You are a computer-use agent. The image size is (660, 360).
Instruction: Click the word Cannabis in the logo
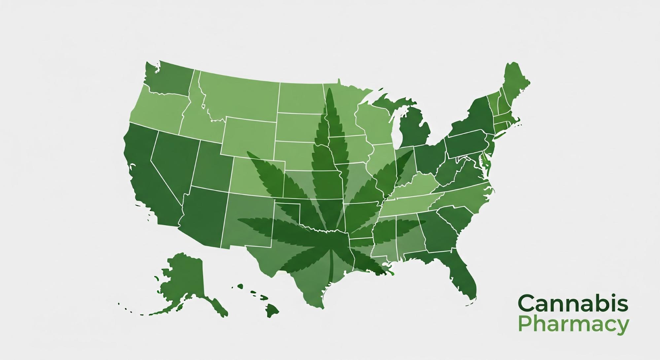(x=573, y=304)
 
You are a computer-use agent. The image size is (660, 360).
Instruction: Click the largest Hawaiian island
(x=272, y=310)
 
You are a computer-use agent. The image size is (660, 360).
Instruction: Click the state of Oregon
(x=158, y=106)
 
